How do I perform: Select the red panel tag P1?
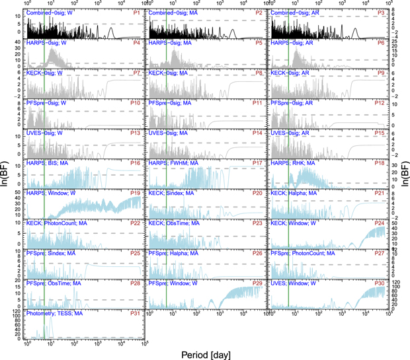point(136,13)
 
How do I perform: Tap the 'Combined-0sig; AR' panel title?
point(299,13)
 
